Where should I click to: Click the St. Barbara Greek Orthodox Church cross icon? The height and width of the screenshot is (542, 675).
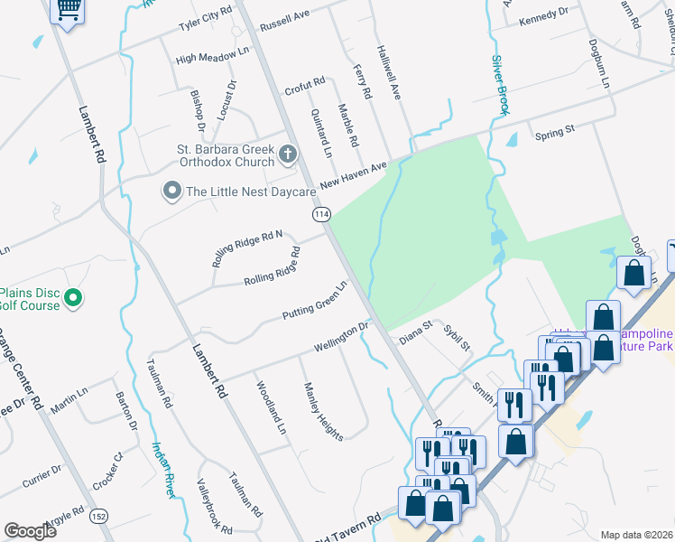coord(288,154)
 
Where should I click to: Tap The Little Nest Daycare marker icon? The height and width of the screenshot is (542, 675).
coord(171,191)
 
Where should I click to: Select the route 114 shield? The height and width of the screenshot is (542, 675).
coord(322,214)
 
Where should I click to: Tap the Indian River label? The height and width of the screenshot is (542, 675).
coord(163,469)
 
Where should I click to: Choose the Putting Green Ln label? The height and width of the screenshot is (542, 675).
coord(314,302)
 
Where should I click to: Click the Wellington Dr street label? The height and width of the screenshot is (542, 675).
coord(342,337)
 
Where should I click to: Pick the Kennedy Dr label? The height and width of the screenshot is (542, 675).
coord(544,13)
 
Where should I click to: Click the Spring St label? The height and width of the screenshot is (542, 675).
coord(554,133)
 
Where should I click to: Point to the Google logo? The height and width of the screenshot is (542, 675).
coord(31,530)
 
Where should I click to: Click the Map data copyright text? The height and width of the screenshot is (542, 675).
coord(636,535)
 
